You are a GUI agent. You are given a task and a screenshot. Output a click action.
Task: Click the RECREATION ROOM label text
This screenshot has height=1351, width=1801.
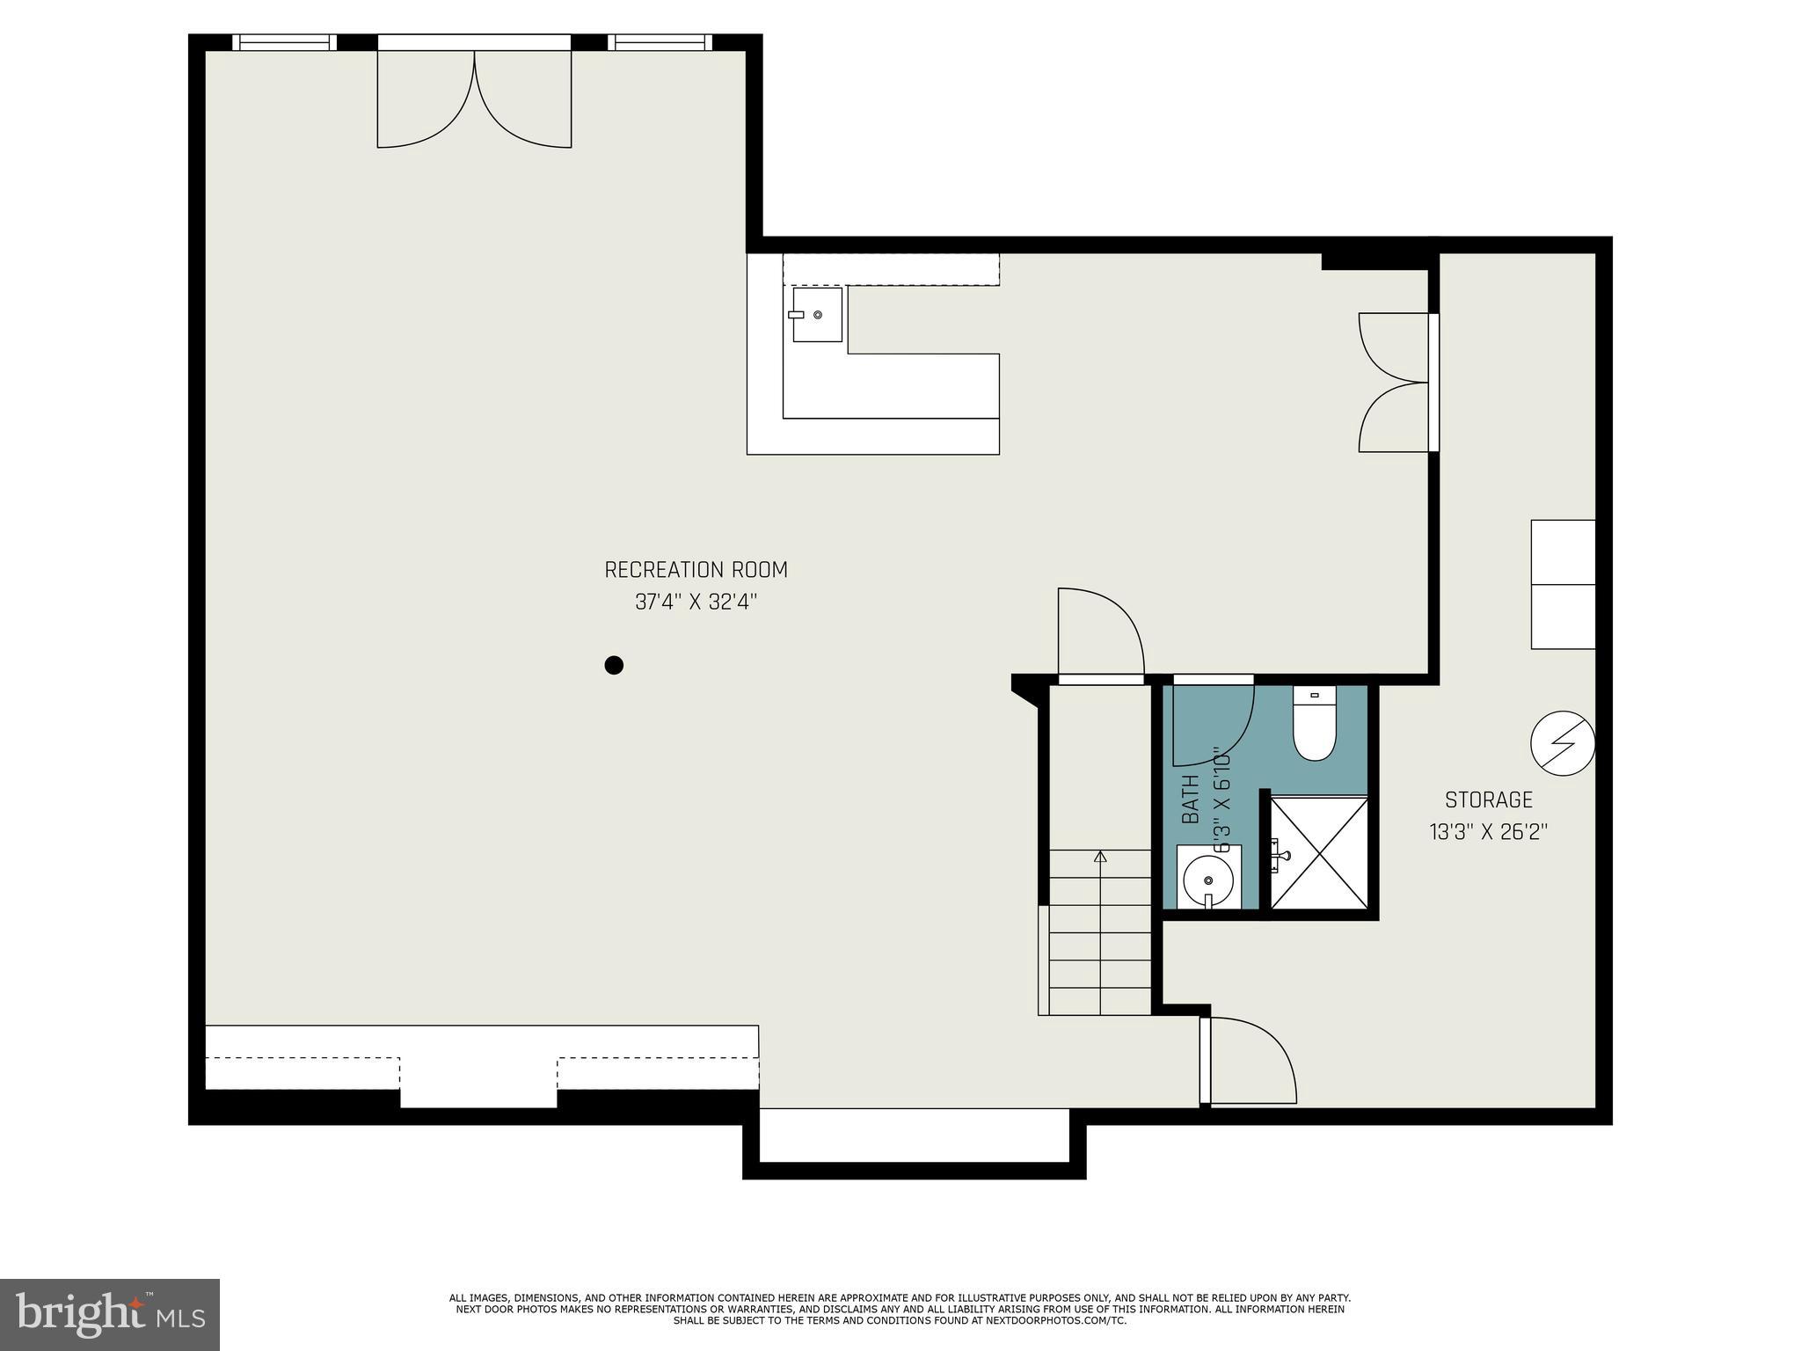[696, 570]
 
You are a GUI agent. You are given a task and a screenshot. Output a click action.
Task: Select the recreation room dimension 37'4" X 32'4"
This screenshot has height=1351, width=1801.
[696, 602]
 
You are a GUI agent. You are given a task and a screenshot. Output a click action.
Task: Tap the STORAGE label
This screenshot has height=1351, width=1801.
[1488, 800]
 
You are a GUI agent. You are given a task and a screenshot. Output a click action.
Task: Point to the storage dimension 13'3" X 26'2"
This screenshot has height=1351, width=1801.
[1488, 832]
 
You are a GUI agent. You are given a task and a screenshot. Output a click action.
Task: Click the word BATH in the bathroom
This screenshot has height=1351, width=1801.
[1190, 799]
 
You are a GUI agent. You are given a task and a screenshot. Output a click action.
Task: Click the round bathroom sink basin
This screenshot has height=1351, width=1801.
[1207, 880]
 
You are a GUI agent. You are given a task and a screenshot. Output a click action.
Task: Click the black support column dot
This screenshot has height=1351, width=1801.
[614, 665]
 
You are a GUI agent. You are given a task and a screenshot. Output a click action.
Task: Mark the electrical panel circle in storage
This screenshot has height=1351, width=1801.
[1563, 743]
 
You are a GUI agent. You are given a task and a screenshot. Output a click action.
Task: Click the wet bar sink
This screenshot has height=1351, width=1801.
[817, 314]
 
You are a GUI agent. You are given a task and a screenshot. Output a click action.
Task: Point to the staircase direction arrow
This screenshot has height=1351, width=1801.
[1099, 857]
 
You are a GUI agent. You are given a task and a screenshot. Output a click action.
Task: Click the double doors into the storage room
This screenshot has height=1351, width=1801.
[1394, 383]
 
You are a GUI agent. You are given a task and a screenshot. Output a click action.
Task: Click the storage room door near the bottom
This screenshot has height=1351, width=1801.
[1249, 1061]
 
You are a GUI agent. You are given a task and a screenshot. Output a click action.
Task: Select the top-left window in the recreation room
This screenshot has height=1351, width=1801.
[284, 42]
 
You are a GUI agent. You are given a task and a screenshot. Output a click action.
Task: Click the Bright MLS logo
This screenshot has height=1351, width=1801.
[109, 1314]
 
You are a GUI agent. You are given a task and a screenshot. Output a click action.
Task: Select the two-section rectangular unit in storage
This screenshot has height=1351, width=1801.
[1563, 584]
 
